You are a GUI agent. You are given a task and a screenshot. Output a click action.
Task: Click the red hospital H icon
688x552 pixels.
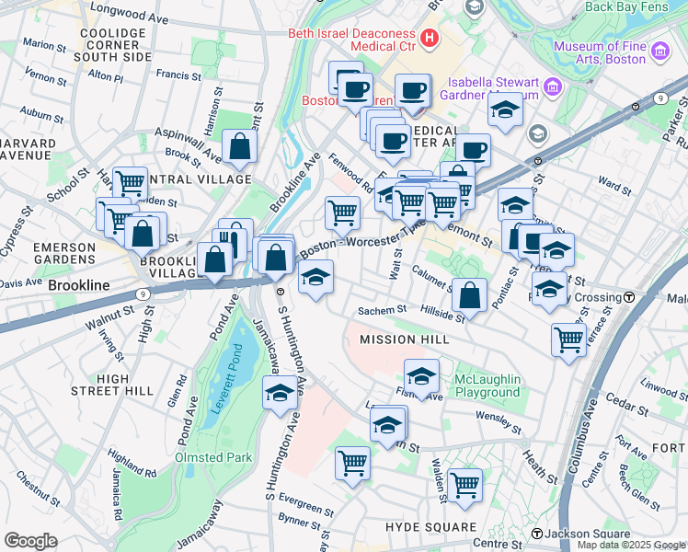pyautogui.click(x=429, y=38)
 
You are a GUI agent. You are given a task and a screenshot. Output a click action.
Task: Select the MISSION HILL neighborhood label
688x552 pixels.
pyautogui.click(x=404, y=339)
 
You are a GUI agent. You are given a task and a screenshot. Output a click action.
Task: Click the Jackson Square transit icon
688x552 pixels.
pyautogui.click(x=537, y=534)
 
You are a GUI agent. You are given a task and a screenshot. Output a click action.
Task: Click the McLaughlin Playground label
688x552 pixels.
pyautogui.click(x=487, y=385)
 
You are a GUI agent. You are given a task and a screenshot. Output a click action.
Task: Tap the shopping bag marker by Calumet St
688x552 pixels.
pyautogui.click(x=469, y=295)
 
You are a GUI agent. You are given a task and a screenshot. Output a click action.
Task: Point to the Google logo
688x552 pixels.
pyautogui.click(x=30, y=541)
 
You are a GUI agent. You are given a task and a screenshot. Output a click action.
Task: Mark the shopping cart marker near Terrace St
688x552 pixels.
pyautogui.click(x=568, y=339)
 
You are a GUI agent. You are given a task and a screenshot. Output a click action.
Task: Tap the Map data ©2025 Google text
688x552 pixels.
pyautogui.click(x=631, y=545)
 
